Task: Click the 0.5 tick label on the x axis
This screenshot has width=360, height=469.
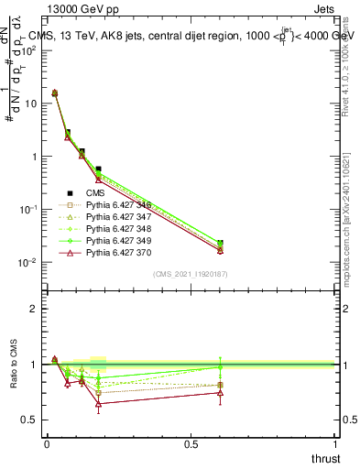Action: pyautogui.click(x=191, y=443)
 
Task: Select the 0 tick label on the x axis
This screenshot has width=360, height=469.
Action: pyautogui.click(x=47, y=443)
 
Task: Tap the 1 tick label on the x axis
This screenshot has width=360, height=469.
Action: pyautogui.click(x=335, y=443)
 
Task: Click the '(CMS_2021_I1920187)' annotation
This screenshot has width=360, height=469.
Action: pyautogui.click(x=191, y=274)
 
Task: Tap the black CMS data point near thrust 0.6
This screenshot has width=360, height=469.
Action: pyautogui.click(x=219, y=244)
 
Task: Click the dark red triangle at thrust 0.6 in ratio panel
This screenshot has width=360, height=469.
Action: pyautogui.click(x=219, y=393)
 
